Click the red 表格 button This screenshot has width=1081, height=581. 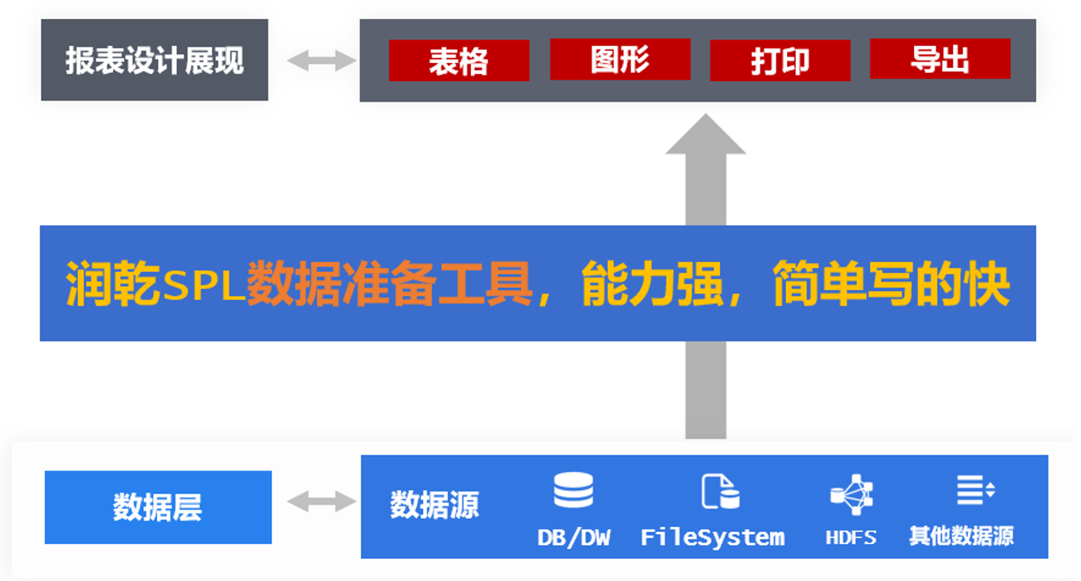459,61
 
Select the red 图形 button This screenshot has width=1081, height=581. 620,60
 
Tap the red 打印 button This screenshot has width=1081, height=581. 780,61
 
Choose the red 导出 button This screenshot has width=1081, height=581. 939,59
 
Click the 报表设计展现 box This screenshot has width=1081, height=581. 155,61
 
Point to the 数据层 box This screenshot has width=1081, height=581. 158,507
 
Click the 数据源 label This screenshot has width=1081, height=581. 434,505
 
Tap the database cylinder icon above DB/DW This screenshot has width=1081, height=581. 573,490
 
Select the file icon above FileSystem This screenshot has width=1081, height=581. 720,491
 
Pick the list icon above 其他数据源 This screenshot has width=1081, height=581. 975,490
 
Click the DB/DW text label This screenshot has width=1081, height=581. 573,538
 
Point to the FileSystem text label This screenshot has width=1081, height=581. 712,538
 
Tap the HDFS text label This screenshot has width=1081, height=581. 852,538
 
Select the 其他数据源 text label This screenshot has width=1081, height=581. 961,537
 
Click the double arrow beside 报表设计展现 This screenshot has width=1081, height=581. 322,60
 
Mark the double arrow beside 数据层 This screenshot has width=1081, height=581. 322,502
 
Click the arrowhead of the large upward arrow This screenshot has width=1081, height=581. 705,135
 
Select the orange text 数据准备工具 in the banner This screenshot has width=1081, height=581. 390,285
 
